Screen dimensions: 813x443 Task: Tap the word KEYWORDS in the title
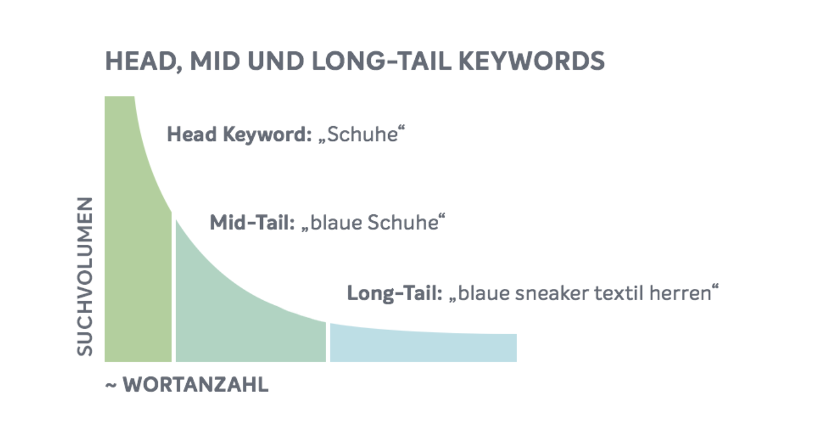click(x=531, y=61)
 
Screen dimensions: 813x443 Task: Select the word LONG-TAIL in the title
click(x=382, y=61)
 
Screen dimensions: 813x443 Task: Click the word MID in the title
click(x=215, y=61)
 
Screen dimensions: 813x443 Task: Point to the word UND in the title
click(x=276, y=61)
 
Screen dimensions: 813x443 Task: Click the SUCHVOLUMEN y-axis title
click(x=85, y=276)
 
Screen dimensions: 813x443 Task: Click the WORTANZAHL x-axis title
click(x=196, y=385)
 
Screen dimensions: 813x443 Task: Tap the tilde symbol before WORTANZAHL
click(x=111, y=385)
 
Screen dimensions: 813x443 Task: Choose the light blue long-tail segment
click(x=423, y=345)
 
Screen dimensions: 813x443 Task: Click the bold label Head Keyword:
click(x=239, y=135)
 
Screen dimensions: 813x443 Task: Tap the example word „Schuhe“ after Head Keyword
click(x=361, y=134)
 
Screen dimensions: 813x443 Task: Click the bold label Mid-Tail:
click(x=252, y=222)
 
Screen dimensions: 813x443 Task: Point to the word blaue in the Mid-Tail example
click(x=336, y=222)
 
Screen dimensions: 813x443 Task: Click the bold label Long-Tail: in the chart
click(x=395, y=294)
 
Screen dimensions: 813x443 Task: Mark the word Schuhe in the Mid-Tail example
click(x=403, y=222)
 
